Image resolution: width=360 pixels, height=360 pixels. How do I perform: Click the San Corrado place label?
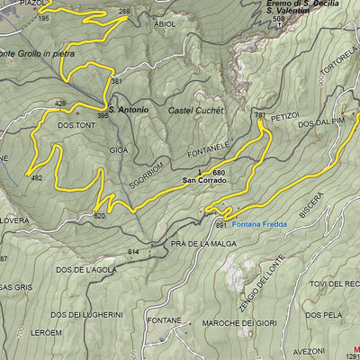point(204,180)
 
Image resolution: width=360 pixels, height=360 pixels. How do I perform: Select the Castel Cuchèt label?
point(195,111)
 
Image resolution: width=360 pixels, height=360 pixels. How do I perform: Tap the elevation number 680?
point(219,171)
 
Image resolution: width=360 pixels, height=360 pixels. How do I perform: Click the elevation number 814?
point(133,251)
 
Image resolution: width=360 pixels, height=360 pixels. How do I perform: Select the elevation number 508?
point(278,19)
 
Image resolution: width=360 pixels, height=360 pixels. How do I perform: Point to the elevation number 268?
point(123,12)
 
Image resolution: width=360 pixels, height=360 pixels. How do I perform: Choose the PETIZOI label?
point(283,116)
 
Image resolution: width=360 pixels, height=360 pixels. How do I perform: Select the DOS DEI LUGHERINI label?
point(86,314)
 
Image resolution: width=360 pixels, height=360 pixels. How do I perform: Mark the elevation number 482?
point(37,178)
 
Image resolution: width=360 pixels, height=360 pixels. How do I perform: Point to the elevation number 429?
point(61,103)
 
